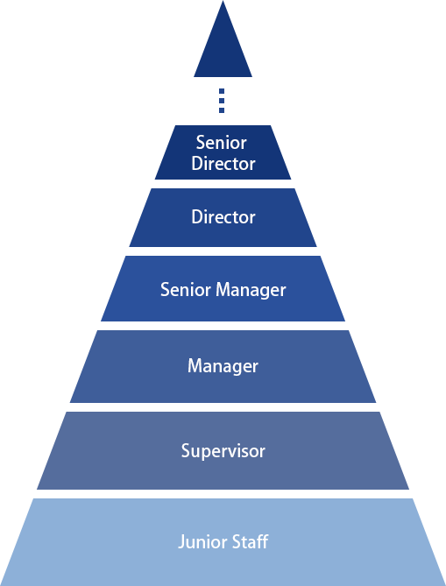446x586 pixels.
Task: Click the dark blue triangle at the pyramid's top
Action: tap(223, 51)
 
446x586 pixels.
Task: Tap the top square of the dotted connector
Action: tap(222, 91)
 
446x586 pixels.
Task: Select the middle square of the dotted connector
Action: tap(222, 101)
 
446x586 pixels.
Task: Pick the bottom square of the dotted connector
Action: tap(222, 110)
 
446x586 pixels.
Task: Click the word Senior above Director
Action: tap(222, 143)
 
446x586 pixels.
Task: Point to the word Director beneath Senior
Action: tap(223, 164)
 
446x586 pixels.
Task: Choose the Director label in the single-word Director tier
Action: tap(223, 217)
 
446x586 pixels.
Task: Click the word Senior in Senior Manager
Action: tap(186, 290)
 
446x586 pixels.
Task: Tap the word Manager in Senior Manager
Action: tap(251, 291)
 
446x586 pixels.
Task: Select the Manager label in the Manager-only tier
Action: tap(223, 366)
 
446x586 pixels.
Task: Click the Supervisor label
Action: tap(223, 451)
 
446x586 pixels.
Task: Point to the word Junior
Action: tap(200, 541)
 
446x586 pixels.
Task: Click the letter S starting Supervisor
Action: tap(186, 450)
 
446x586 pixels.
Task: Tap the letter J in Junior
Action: tap(181, 542)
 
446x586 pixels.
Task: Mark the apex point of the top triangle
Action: tap(223, 1)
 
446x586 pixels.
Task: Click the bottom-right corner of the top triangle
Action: tap(252, 77)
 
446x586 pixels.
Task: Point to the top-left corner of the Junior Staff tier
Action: tap(32, 498)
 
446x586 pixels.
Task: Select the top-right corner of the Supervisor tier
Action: tap(379, 412)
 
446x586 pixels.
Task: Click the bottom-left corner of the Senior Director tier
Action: tap(155, 180)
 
